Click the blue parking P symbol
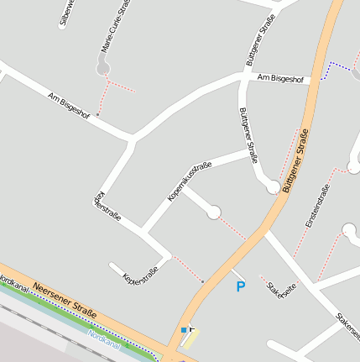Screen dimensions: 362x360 pyautogui.click(x=241, y=287)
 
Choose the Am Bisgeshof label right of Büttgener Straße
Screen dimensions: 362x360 pyautogui.click(x=281, y=78)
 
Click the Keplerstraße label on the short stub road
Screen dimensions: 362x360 pyautogui.click(x=139, y=274)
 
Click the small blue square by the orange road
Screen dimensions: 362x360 pyautogui.click(x=185, y=329)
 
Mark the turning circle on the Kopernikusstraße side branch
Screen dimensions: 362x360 pyautogui.click(x=214, y=212)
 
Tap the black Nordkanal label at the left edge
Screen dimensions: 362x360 pyautogui.click(x=12, y=283)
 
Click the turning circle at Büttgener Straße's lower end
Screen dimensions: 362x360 pyautogui.click(x=273, y=187)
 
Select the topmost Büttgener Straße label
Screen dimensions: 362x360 pyautogui.click(x=260, y=40)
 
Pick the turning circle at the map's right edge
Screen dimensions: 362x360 pyautogui.click(x=351, y=229)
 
